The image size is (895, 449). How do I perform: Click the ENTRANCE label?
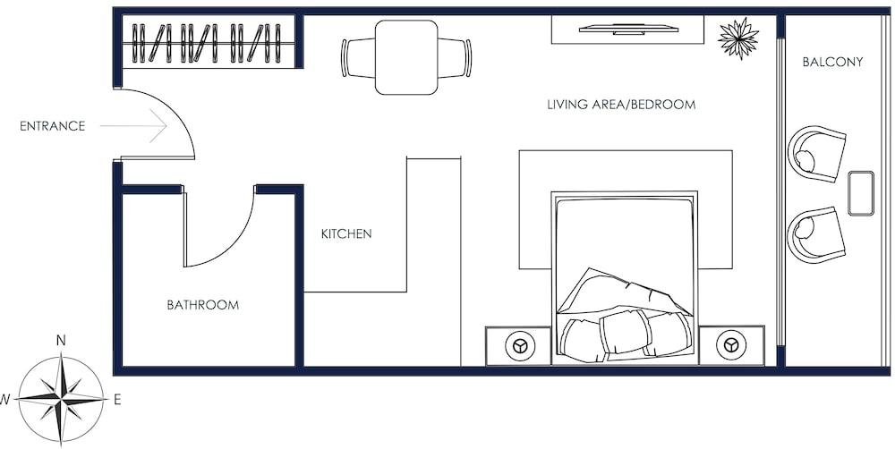click(53, 126)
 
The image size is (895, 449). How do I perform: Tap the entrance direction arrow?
click(133, 125)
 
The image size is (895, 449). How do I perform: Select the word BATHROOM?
click(202, 305)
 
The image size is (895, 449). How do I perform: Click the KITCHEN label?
click(346, 233)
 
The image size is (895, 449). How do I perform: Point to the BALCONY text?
click(832, 63)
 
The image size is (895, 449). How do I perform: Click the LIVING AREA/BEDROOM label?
click(622, 105)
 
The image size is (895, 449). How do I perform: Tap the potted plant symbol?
click(738, 38)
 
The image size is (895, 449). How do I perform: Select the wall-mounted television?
click(628, 29)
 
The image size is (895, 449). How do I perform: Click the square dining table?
click(406, 57)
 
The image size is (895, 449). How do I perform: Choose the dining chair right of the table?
click(455, 57)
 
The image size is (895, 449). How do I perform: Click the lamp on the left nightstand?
click(520, 346)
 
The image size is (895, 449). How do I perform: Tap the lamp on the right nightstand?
click(731, 346)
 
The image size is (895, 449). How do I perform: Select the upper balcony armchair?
click(816, 154)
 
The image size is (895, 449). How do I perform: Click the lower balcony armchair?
click(816, 235)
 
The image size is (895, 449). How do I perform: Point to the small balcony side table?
click(861, 193)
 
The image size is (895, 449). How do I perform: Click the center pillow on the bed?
click(626, 332)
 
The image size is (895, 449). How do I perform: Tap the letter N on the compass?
click(61, 341)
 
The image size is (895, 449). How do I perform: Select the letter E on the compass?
click(117, 400)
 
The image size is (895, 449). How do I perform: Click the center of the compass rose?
click(61, 400)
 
